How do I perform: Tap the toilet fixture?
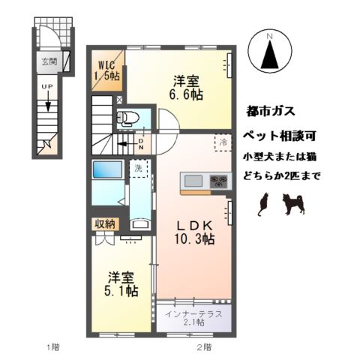click(x=127, y=118)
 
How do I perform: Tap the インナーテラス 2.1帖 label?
click(x=194, y=318)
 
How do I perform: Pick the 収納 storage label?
click(x=104, y=224)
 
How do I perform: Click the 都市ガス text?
click(x=271, y=112)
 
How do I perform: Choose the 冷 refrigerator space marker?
click(x=223, y=141)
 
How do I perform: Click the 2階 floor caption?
click(x=204, y=346)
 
